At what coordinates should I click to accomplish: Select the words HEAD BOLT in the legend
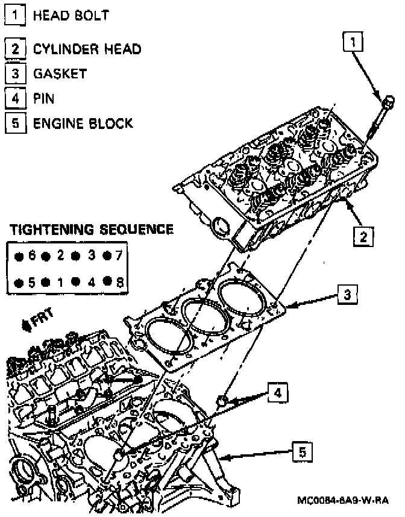71,15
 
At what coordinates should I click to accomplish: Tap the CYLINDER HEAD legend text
87,48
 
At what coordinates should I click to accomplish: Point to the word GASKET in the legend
60,74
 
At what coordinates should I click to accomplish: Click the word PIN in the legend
43,98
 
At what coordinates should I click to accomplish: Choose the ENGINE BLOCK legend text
83,124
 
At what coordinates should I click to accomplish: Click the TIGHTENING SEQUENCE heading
92,230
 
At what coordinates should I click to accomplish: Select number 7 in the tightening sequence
119,255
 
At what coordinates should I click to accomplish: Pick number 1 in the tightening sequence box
61,281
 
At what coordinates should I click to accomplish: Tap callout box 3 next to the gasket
348,295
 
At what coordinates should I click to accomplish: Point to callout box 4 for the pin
277,393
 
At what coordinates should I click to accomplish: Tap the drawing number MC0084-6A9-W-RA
343,500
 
